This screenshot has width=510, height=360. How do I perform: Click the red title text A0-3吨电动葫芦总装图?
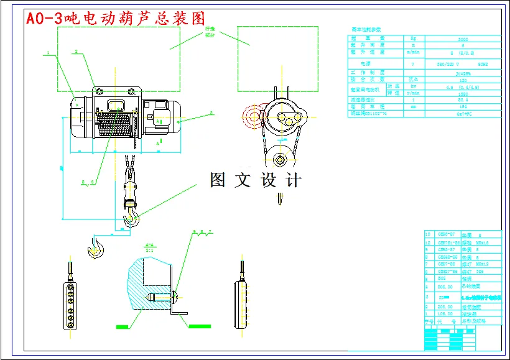click(x=114, y=18)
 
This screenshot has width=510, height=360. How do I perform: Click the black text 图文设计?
click(x=256, y=180)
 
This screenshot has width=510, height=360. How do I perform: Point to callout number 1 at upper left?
click(x=47, y=53)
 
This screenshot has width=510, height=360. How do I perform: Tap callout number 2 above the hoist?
click(x=76, y=52)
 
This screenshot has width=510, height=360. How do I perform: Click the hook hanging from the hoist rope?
click(x=132, y=214)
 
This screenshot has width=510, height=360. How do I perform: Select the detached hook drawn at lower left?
click(x=96, y=247)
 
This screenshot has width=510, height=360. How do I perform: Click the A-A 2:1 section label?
click(x=149, y=247)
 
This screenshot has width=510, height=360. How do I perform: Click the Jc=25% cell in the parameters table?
click(x=462, y=72)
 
